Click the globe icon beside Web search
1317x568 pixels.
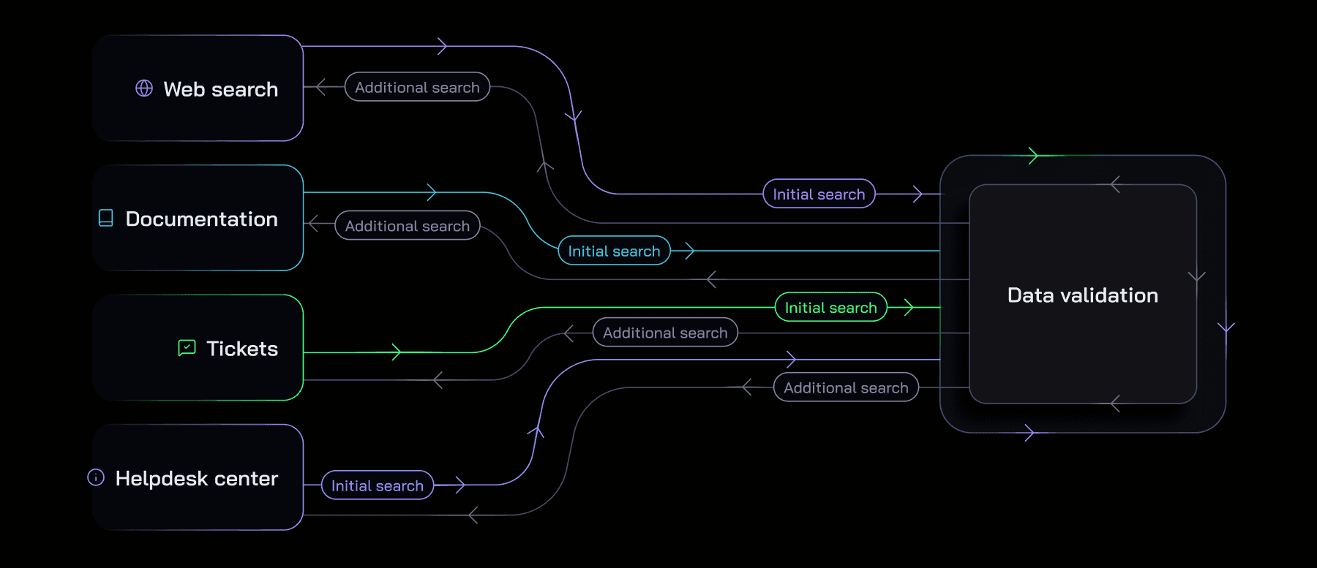point(144,88)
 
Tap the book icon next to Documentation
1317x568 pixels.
point(106,218)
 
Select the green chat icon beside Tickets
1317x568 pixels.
point(187,347)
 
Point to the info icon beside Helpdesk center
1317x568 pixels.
point(96,477)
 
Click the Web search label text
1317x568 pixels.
point(221,89)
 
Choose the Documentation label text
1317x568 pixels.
point(202,219)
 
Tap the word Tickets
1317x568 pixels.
point(242,349)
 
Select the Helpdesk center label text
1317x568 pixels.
point(197,479)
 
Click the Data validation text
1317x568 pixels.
point(1083,295)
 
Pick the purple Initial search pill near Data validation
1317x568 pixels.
point(819,194)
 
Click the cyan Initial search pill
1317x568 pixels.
point(614,251)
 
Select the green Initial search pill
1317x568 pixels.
point(830,307)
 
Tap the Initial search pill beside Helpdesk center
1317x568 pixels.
point(378,485)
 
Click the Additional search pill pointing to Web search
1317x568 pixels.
point(417,87)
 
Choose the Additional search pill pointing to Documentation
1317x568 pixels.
point(408,226)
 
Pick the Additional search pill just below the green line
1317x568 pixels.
point(665,333)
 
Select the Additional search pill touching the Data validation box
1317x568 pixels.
point(846,387)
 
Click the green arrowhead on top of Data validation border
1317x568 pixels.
point(1034,156)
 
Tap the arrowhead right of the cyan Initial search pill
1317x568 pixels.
point(690,251)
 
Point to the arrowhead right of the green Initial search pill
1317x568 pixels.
point(909,307)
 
